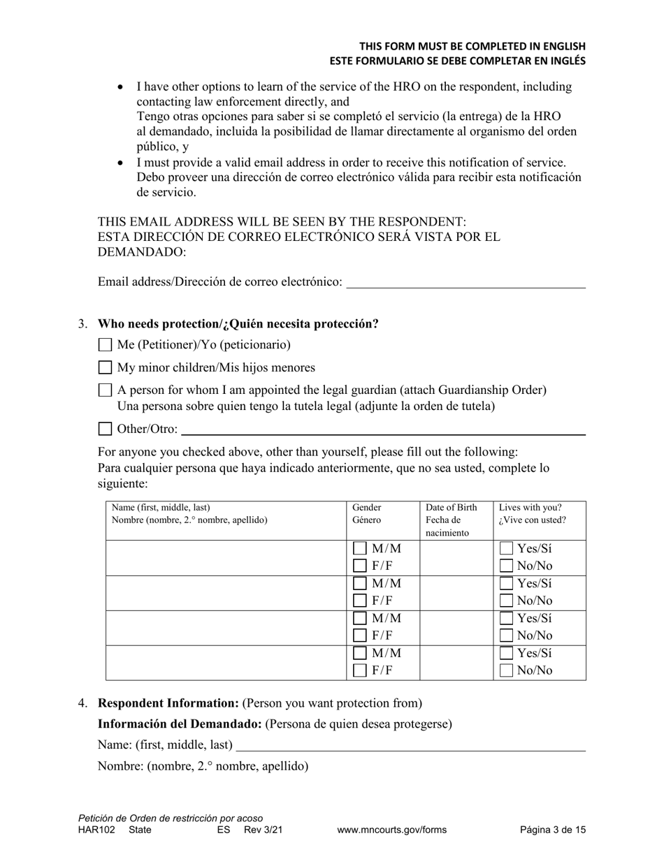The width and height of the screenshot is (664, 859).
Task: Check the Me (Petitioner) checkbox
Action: click(x=105, y=345)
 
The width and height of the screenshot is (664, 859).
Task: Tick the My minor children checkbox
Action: click(x=105, y=368)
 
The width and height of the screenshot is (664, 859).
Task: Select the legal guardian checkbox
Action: click(x=105, y=390)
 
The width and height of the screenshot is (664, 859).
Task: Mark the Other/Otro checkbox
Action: click(x=105, y=429)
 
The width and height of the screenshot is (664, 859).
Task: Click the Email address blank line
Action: click(x=465, y=282)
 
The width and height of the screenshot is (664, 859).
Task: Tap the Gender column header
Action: click(x=367, y=514)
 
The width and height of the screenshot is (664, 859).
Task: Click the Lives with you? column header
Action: click(x=532, y=514)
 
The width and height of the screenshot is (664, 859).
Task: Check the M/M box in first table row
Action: click(x=361, y=549)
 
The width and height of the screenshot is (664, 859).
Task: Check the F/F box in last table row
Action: click(x=361, y=671)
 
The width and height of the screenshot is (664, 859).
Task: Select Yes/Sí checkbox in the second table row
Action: click(x=507, y=584)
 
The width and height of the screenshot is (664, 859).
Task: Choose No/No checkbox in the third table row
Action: click(x=507, y=636)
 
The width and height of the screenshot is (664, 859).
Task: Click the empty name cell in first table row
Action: click(x=226, y=557)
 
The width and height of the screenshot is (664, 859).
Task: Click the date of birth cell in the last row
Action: click(x=456, y=662)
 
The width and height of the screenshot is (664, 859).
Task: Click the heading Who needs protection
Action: click(x=238, y=324)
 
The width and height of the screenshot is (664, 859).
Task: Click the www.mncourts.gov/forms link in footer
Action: click(x=391, y=830)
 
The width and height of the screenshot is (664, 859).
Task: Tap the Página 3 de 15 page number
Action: click(x=553, y=830)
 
